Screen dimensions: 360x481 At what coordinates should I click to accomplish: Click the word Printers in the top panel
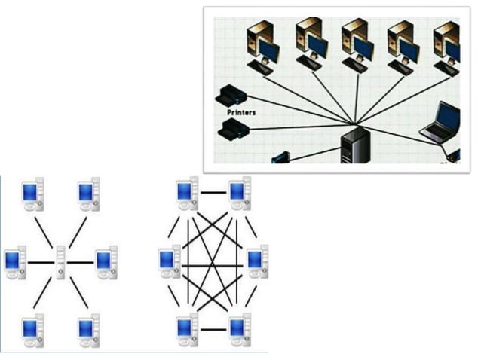point(241,112)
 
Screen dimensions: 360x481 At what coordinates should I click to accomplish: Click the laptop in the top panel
point(443,122)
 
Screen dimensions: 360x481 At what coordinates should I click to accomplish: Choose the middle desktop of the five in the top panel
point(356,44)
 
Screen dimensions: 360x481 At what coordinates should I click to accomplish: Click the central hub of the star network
point(61,262)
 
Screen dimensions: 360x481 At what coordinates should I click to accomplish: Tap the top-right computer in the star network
point(89,194)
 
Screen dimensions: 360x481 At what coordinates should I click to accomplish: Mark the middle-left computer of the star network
point(15,261)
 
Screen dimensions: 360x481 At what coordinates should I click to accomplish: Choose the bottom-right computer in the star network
point(89,329)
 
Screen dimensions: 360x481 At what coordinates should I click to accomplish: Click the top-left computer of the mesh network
point(187,194)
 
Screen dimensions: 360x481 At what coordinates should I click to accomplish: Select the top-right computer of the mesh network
point(240,194)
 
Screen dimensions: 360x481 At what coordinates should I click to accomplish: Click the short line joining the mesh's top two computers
point(213,193)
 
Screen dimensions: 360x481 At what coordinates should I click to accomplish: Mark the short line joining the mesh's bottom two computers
point(213,329)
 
